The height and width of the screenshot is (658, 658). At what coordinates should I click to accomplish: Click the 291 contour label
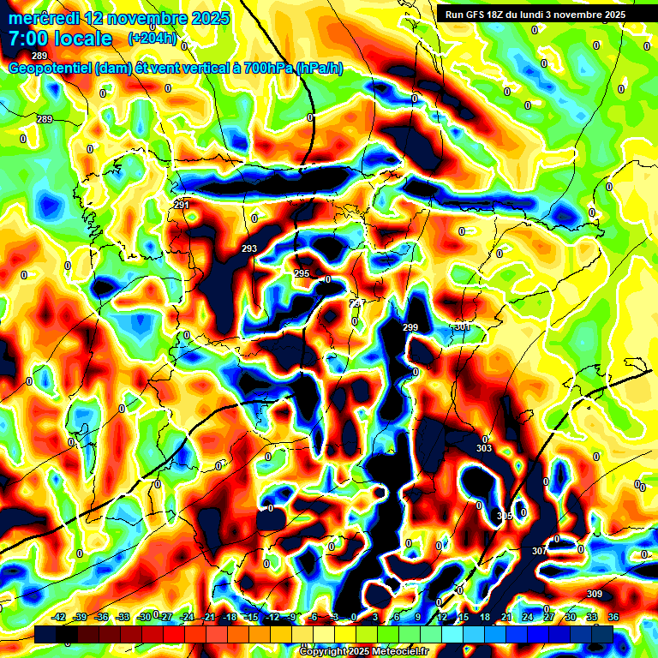click(x=182, y=205)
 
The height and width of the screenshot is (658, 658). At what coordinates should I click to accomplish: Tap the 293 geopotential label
click(x=249, y=248)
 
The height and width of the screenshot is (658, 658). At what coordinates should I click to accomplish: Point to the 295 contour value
click(x=302, y=273)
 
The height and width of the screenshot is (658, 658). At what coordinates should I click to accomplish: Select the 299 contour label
click(x=410, y=327)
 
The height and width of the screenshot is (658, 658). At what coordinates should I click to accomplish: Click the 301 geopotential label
click(x=463, y=326)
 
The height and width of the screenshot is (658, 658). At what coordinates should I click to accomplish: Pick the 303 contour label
click(x=484, y=448)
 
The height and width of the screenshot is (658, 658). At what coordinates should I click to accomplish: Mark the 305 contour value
click(x=505, y=515)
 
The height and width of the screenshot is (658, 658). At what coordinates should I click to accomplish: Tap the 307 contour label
click(x=539, y=550)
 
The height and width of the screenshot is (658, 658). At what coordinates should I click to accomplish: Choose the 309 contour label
click(x=595, y=594)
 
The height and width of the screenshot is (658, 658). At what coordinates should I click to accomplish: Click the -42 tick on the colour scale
click(x=59, y=617)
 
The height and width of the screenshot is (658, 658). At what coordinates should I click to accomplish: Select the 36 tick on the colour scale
click(x=613, y=617)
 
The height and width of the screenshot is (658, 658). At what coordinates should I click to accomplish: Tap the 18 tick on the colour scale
click(x=485, y=617)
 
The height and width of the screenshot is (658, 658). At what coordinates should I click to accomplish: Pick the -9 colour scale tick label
click(x=293, y=617)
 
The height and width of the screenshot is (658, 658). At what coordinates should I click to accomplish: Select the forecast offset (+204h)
click(x=152, y=38)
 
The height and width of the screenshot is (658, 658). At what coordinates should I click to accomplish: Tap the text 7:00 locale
click(x=61, y=39)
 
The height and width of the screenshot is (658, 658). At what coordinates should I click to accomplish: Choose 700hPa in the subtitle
click(x=266, y=68)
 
